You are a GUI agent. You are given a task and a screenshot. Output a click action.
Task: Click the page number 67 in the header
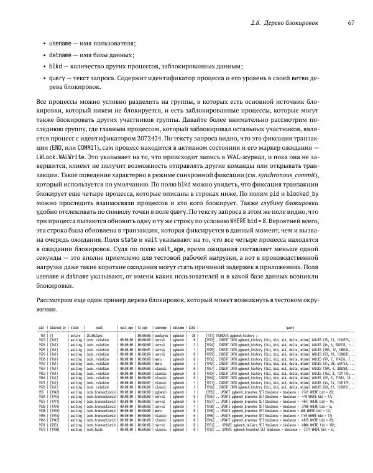click(351, 23)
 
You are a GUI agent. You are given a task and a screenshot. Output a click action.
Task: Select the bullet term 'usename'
click(60, 44)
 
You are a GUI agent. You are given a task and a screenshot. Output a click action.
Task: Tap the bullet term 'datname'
click(60, 55)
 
